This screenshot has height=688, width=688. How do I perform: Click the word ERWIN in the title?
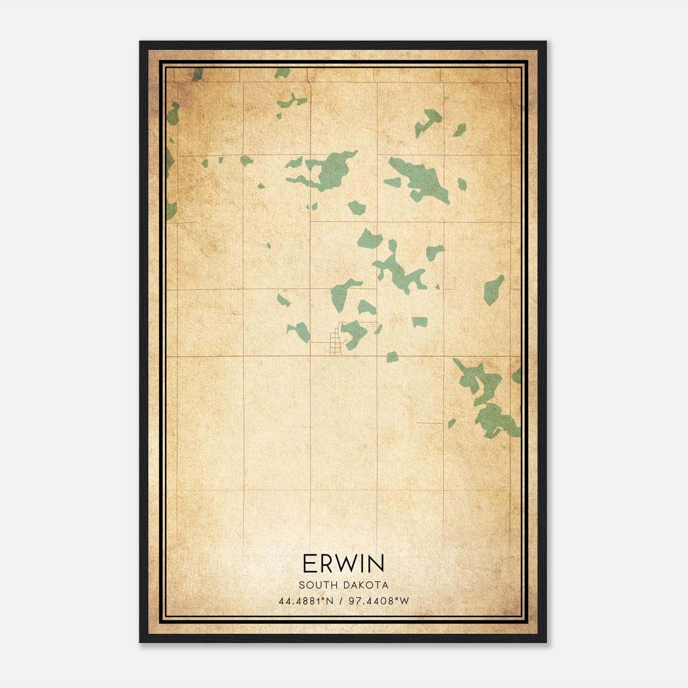click(x=344, y=563)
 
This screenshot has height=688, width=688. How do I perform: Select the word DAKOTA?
click(x=366, y=585)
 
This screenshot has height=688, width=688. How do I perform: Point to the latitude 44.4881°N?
click(x=306, y=601)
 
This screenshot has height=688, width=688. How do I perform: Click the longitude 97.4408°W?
click(x=379, y=601)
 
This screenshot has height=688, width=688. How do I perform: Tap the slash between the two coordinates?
click(x=341, y=601)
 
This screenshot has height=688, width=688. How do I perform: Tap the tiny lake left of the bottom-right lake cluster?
click(x=451, y=423)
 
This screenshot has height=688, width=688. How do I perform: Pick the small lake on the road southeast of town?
click(x=392, y=357)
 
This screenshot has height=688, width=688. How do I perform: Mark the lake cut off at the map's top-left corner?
click(x=197, y=74)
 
